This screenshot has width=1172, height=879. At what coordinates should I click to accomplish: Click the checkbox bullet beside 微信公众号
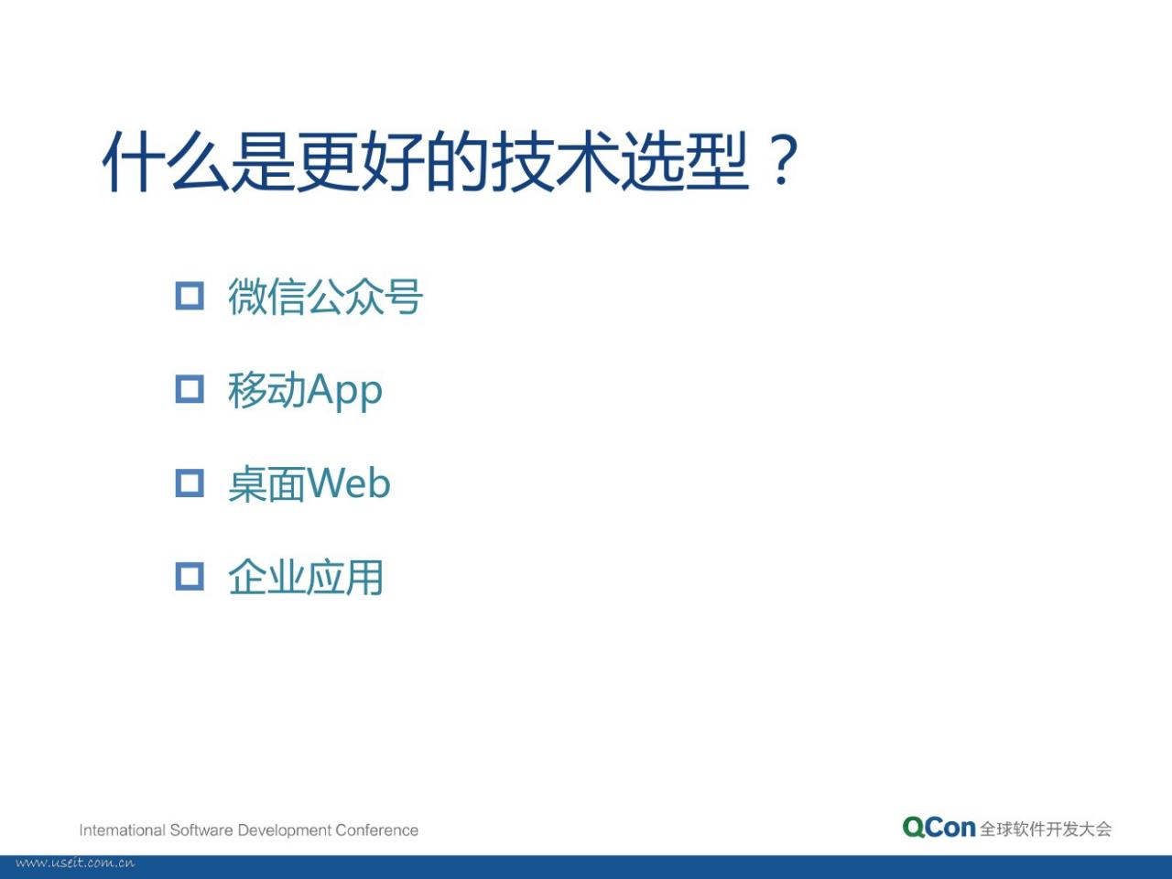190,296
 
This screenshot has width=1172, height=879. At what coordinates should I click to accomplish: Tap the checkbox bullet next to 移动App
190,389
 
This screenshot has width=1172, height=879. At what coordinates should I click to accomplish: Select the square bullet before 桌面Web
190,483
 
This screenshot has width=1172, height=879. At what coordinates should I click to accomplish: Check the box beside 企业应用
190,577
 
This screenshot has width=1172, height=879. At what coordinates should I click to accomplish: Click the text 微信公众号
326,297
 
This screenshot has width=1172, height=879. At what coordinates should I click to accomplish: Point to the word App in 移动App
345,391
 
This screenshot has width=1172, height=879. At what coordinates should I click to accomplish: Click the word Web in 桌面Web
349,483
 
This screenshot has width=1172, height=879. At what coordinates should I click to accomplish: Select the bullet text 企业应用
306,577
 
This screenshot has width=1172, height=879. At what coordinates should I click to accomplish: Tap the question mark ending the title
782,159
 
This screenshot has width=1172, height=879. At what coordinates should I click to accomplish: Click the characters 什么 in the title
167,161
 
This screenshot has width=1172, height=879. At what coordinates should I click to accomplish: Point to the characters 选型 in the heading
685,161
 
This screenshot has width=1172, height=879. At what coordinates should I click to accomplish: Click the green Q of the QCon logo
915,827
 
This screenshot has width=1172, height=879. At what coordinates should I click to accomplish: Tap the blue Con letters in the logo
951,827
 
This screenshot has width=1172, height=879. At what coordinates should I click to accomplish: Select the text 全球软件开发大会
1046,829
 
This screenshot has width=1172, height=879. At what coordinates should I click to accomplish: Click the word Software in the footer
201,830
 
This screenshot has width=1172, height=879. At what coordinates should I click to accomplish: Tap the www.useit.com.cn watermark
75,863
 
